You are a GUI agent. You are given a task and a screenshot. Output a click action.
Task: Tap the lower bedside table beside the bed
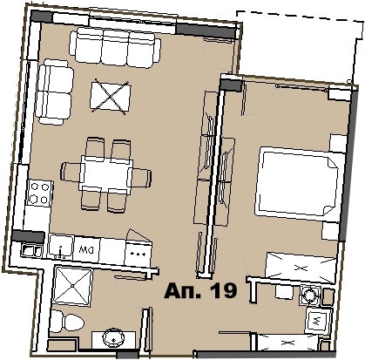coord(331,231)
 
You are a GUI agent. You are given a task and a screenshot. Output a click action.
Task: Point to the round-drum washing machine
coord(308,295)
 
